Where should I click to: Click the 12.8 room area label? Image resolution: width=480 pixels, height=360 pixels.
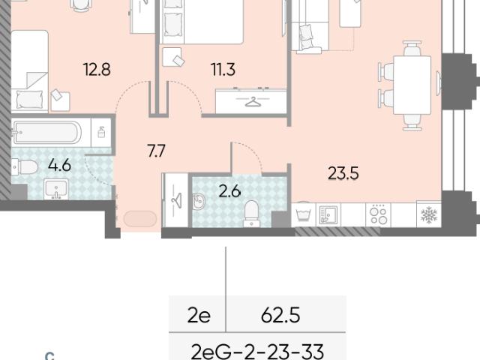97,69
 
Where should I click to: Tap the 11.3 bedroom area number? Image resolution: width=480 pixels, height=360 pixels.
223,69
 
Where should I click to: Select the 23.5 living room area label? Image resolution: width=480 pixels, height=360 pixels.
343,173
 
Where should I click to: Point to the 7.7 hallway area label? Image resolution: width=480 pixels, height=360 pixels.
156,151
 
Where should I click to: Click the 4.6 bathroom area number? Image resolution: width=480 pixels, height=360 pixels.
59,165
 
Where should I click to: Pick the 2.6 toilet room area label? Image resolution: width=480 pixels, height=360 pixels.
230,192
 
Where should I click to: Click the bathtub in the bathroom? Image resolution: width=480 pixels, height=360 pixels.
47,132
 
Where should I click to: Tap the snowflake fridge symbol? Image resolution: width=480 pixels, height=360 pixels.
429,214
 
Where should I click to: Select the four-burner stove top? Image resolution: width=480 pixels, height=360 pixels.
378,215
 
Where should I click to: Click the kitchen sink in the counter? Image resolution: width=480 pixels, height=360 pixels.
328,214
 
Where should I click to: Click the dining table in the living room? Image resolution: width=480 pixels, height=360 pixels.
412,85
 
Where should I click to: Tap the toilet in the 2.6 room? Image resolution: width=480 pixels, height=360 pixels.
251,214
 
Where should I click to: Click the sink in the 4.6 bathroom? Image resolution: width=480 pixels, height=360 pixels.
56,189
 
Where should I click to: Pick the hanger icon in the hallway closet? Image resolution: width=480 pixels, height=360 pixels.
177,200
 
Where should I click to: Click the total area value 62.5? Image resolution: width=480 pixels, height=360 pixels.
280,315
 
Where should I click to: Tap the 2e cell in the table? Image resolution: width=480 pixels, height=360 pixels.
199,316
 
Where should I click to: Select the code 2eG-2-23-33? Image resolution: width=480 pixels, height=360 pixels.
257,352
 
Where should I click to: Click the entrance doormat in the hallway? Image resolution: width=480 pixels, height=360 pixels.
140,219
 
